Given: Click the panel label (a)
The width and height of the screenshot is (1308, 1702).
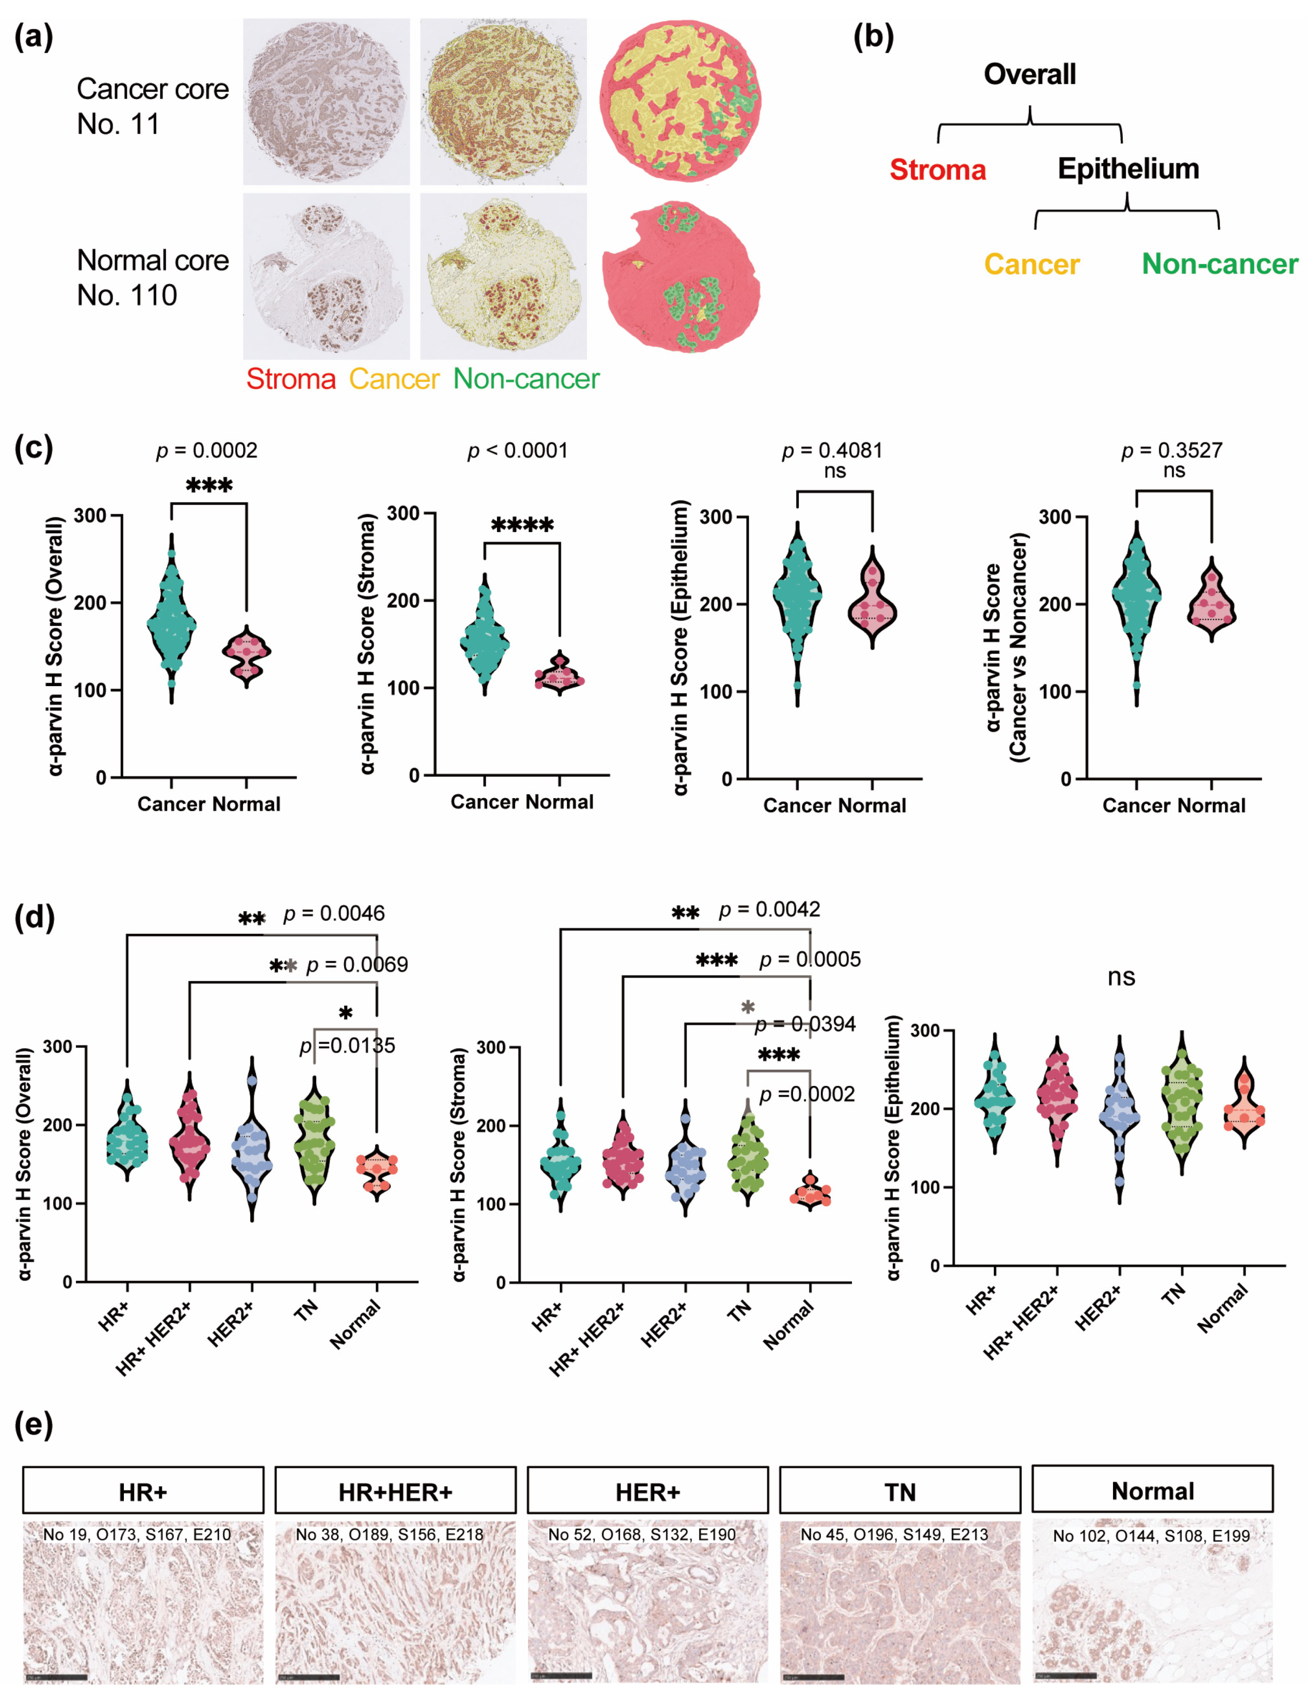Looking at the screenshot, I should click(x=34, y=37).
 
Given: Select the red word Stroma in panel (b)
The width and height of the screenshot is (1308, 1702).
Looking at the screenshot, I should click(x=938, y=170).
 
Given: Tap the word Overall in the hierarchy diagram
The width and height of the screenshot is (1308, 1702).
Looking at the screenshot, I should click(x=1029, y=75).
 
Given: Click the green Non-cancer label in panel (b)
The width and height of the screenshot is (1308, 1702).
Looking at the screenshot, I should click(x=1219, y=264).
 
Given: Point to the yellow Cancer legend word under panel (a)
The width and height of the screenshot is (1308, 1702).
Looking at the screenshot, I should click(x=394, y=379).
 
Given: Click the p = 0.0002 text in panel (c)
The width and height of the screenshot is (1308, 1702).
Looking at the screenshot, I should click(x=206, y=451).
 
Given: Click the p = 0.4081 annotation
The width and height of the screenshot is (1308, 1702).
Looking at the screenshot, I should click(x=832, y=451).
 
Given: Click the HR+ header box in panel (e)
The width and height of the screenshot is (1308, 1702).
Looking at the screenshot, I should click(x=143, y=1492).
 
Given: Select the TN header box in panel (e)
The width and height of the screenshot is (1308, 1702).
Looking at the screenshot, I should click(x=899, y=1492).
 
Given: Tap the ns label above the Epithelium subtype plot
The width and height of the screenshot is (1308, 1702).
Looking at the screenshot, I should click(x=1121, y=977).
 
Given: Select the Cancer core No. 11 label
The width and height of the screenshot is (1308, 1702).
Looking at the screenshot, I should click(x=153, y=107).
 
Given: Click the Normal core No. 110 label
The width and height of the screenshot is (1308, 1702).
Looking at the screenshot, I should click(x=153, y=278).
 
